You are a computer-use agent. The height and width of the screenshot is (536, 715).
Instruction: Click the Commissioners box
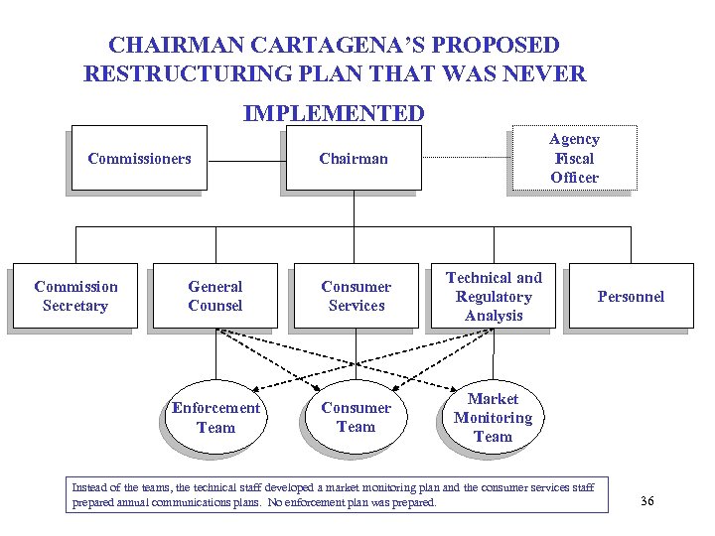pos(139,158)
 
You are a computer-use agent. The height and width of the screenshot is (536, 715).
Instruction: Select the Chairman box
pos(354,158)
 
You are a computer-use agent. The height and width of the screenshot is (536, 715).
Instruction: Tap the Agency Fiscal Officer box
pos(574,158)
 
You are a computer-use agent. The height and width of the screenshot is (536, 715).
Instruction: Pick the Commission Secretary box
pos(75,296)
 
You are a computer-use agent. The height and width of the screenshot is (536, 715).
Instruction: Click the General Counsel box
pos(214,296)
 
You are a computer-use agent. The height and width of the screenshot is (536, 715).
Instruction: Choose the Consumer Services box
pos(356,296)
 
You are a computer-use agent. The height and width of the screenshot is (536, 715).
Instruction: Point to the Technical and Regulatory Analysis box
pos(494,296)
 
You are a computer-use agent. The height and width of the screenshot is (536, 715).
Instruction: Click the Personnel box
pos(630,296)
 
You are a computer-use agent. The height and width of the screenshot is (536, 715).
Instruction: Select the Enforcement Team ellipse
pos(215,418)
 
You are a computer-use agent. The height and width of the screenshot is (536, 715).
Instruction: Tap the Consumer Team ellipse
pos(356,418)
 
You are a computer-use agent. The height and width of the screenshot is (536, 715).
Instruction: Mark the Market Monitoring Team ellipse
pos(493,418)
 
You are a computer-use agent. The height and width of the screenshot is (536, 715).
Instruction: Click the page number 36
pos(647,501)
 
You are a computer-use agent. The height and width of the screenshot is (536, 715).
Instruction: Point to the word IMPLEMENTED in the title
pos(334,113)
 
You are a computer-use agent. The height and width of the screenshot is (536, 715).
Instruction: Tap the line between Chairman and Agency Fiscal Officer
pos(467,159)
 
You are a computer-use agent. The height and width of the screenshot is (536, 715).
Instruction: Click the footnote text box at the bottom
pos(338,495)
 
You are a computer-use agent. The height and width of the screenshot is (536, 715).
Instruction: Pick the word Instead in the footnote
pos(90,487)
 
